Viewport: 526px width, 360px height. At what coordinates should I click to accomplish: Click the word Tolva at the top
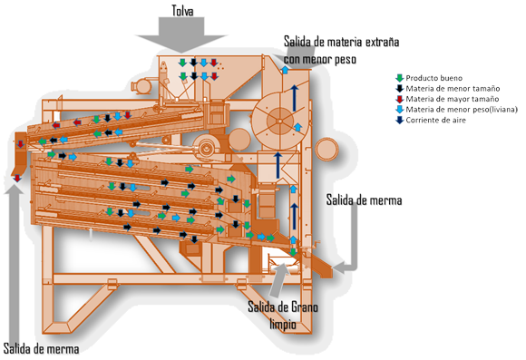click(x=182, y=10)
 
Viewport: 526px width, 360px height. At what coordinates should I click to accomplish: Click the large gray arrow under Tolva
click(x=181, y=34)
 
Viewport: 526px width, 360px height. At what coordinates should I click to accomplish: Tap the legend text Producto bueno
click(x=433, y=78)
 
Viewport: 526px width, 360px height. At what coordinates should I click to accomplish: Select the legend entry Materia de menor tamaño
click(x=453, y=89)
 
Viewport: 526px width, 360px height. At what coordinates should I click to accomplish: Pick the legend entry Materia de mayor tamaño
click(x=453, y=99)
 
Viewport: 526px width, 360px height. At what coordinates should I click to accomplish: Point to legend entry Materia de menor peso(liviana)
click(x=462, y=110)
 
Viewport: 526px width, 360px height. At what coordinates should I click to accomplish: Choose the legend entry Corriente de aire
click(x=435, y=120)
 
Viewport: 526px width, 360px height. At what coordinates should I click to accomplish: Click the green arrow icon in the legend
click(x=399, y=78)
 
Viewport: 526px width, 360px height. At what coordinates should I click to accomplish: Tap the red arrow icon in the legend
click(x=399, y=99)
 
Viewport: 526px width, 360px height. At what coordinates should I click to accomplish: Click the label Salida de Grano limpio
click(x=283, y=316)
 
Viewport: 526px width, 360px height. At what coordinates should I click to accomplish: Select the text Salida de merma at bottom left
click(x=41, y=349)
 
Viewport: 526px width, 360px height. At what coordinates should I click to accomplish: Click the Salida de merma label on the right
click(x=364, y=200)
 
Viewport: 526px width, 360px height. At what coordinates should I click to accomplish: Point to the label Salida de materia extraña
click(x=342, y=42)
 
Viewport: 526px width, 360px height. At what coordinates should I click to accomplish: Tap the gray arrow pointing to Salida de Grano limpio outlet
click(x=279, y=279)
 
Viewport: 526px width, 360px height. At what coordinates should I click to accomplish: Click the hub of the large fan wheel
click(x=279, y=121)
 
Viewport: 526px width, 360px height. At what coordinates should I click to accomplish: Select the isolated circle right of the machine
click(x=327, y=149)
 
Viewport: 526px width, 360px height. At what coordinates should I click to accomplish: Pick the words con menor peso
click(x=320, y=59)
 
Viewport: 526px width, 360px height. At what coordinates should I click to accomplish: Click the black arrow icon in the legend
click(x=399, y=89)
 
